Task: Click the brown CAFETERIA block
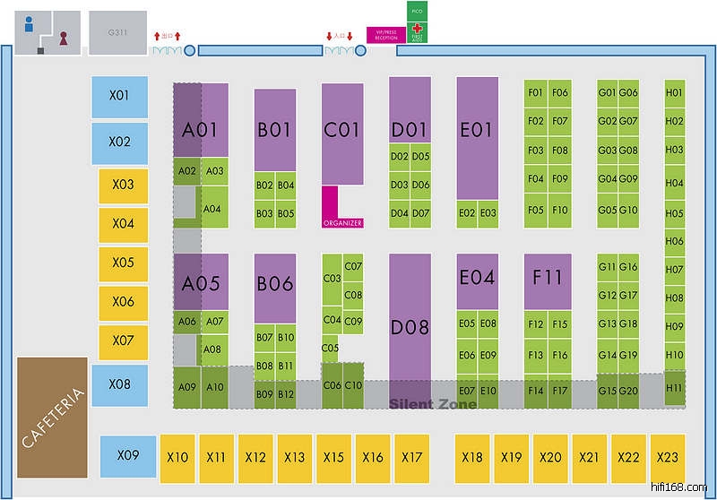[x=52, y=417]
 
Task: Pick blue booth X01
[x=120, y=96]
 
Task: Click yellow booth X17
[x=411, y=458]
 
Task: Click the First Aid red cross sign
[x=417, y=31]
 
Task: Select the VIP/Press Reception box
[x=385, y=35]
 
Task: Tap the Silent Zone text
[x=433, y=404]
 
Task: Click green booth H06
[x=674, y=241]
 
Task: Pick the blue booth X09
[x=129, y=456]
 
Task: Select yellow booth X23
[x=668, y=458]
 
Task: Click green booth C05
[x=330, y=348]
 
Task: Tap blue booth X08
[x=120, y=384]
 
